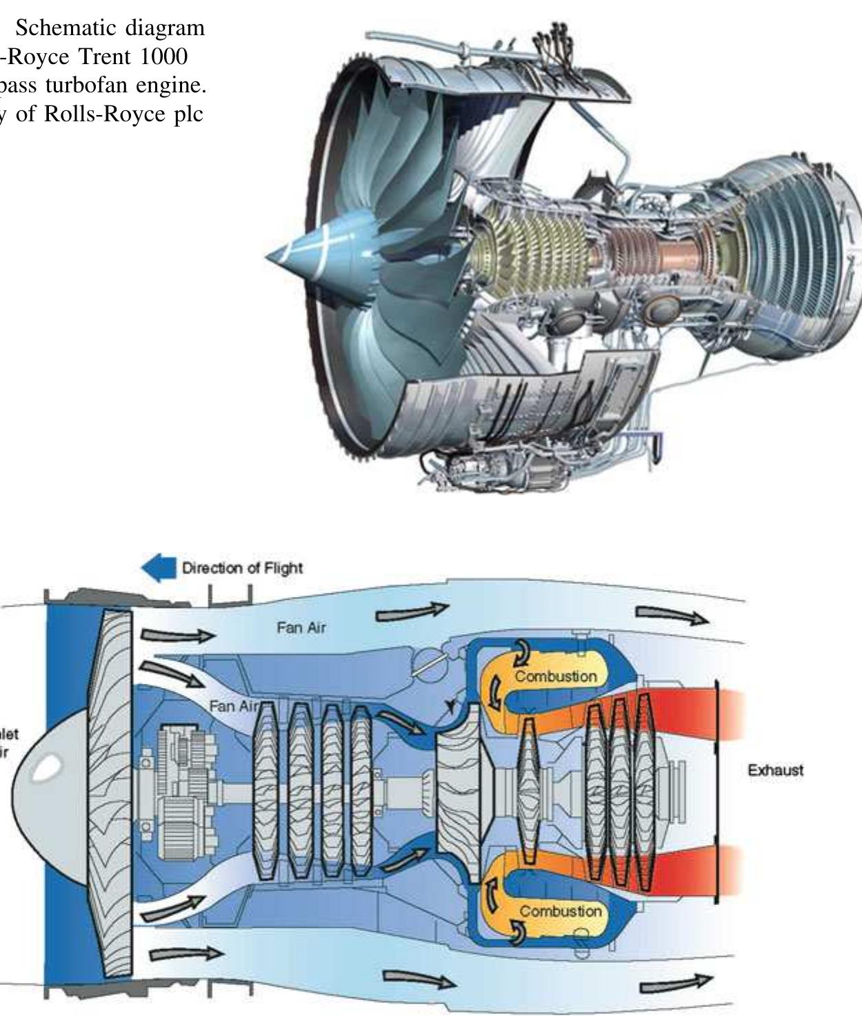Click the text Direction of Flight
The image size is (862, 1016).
(242, 569)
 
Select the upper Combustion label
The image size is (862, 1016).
(556, 676)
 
